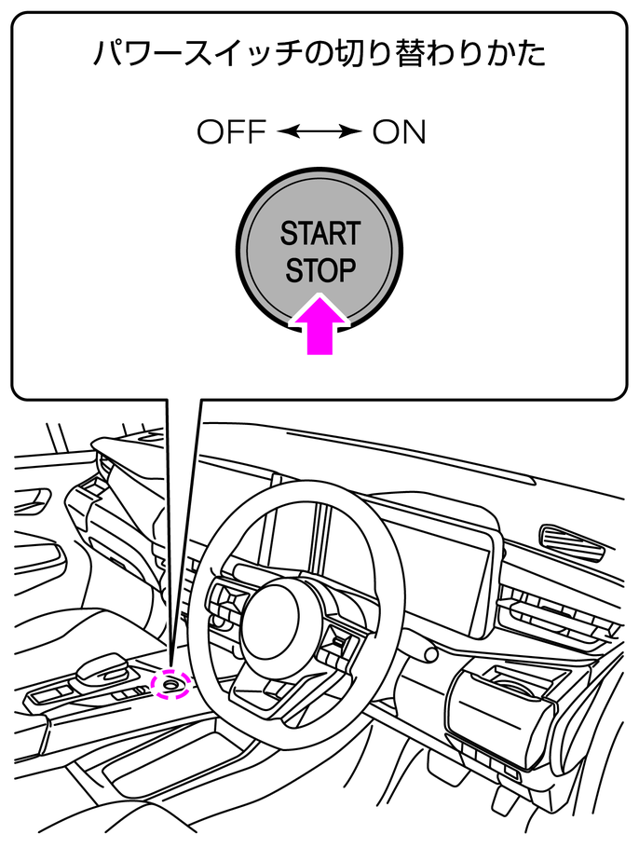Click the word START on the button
320,233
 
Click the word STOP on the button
320,271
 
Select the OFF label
231,133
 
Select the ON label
399,133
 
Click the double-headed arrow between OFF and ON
319,133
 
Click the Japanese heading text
319,53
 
